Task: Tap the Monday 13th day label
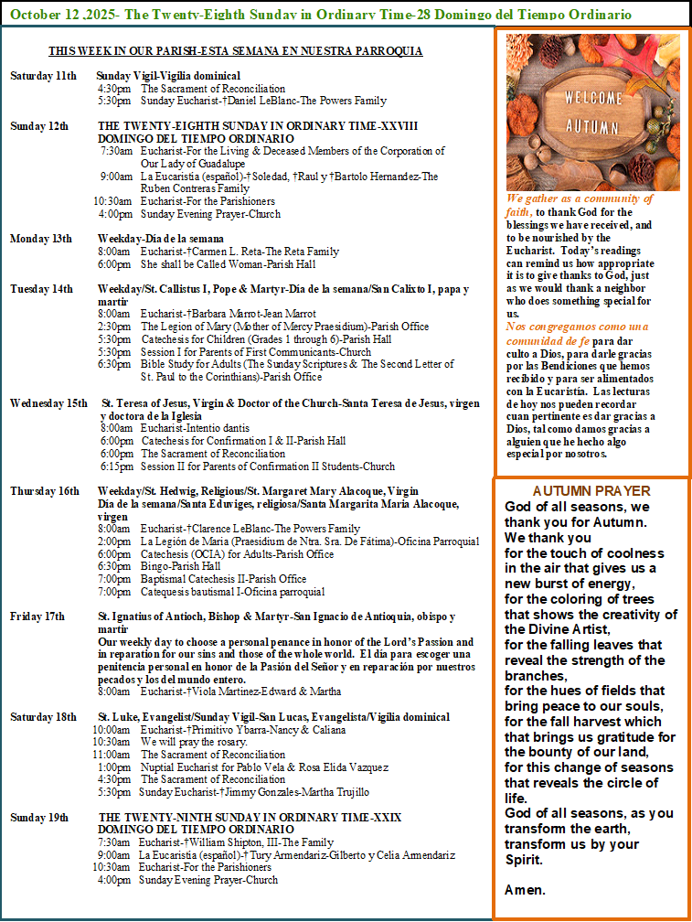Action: [41, 239]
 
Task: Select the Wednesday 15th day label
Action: [48, 403]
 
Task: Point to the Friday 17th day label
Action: [37, 616]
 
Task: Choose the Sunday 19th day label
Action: [39, 817]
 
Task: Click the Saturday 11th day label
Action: [43, 75]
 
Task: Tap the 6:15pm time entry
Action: [116, 466]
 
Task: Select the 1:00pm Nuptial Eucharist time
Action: [115, 767]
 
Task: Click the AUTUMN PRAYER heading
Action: [591, 490]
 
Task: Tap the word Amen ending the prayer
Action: [525, 889]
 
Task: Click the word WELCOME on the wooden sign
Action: [593, 98]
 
